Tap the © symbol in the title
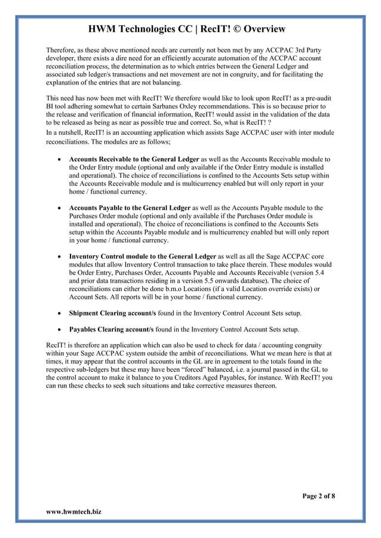[223, 29]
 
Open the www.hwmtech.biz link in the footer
[73, 512]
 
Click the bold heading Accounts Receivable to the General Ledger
[134, 160]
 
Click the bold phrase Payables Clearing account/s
[111, 329]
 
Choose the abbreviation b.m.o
[165, 289]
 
